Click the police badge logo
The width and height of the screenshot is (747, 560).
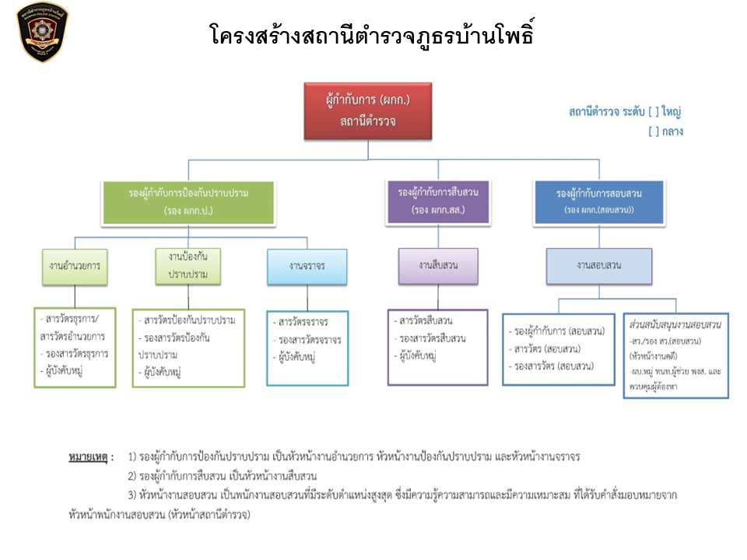pyautogui.click(x=42, y=32)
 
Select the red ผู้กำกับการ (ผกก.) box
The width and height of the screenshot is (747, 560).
pyautogui.click(x=367, y=110)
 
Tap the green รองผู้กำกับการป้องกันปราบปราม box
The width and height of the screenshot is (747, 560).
pyautogui.click(x=188, y=202)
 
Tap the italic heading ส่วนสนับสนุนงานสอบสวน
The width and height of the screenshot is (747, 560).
pyautogui.click(x=675, y=322)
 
